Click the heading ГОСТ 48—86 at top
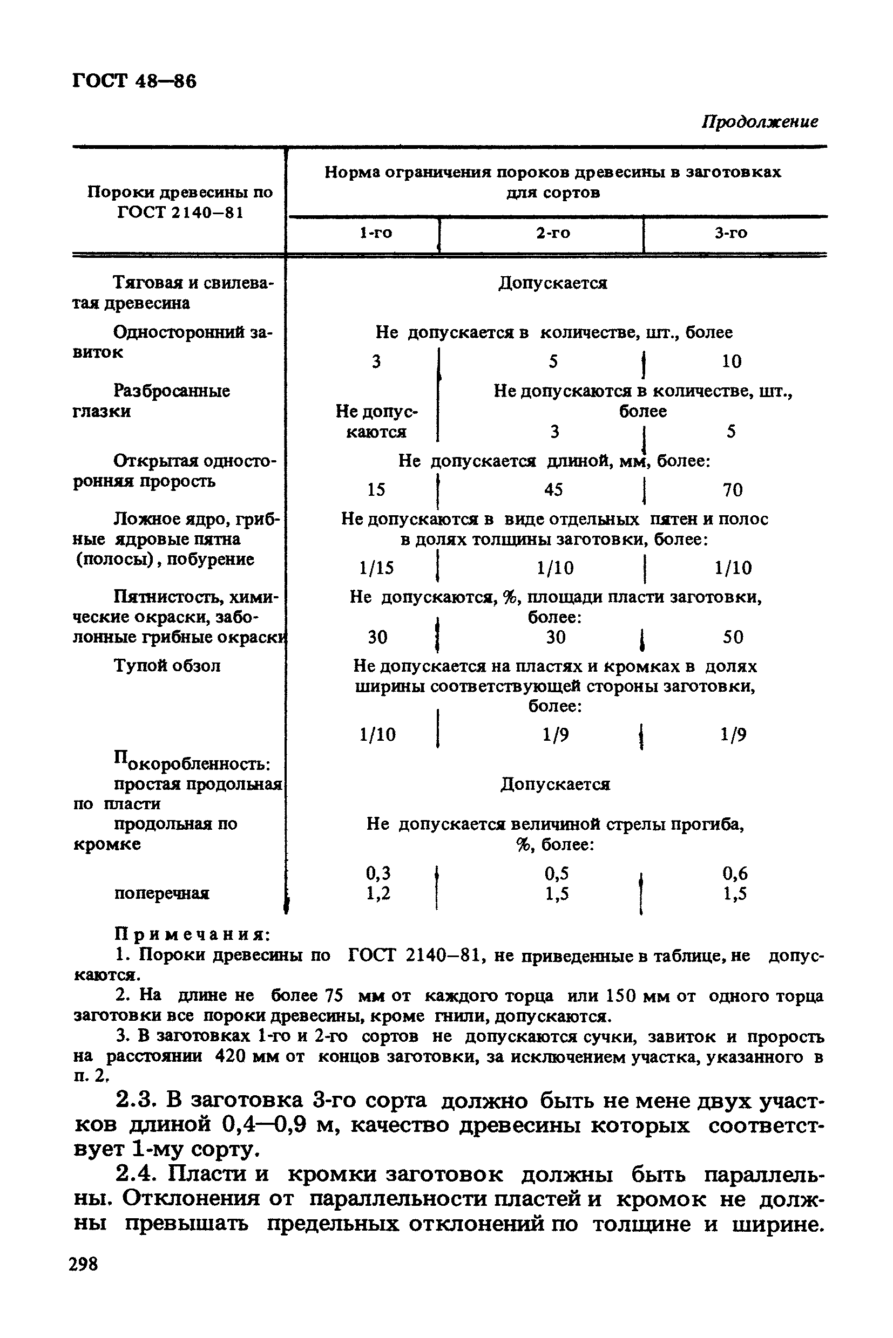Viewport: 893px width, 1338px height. click(x=134, y=81)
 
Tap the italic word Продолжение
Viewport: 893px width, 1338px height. click(x=760, y=122)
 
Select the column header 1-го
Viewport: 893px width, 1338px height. click(x=376, y=233)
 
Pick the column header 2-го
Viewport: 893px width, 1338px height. click(x=553, y=233)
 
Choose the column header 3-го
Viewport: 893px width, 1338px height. click(x=731, y=233)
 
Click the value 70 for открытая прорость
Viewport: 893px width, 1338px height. click(x=733, y=490)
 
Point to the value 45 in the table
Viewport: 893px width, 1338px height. click(x=553, y=490)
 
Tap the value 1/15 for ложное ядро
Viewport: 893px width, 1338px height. click(x=376, y=568)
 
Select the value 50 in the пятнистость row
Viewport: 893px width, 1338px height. click(x=733, y=637)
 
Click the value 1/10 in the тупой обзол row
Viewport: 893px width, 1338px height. click(x=377, y=735)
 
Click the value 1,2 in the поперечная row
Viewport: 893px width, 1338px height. click(x=377, y=893)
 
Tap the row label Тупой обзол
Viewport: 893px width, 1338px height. click(x=167, y=665)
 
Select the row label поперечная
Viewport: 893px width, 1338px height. click(x=162, y=893)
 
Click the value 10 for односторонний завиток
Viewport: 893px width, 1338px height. click(x=732, y=361)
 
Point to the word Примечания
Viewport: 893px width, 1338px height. click(x=193, y=934)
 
